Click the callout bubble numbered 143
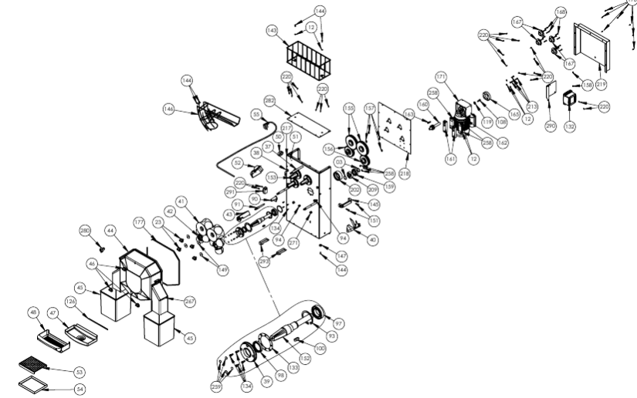(x=272, y=31)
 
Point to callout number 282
(x=270, y=101)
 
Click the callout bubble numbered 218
(x=405, y=174)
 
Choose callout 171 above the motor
(x=441, y=78)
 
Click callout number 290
(x=551, y=126)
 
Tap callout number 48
(x=33, y=313)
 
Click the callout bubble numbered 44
(x=111, y=231)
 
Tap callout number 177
(x=140, y=222)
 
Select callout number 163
(x=409, y=113)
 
